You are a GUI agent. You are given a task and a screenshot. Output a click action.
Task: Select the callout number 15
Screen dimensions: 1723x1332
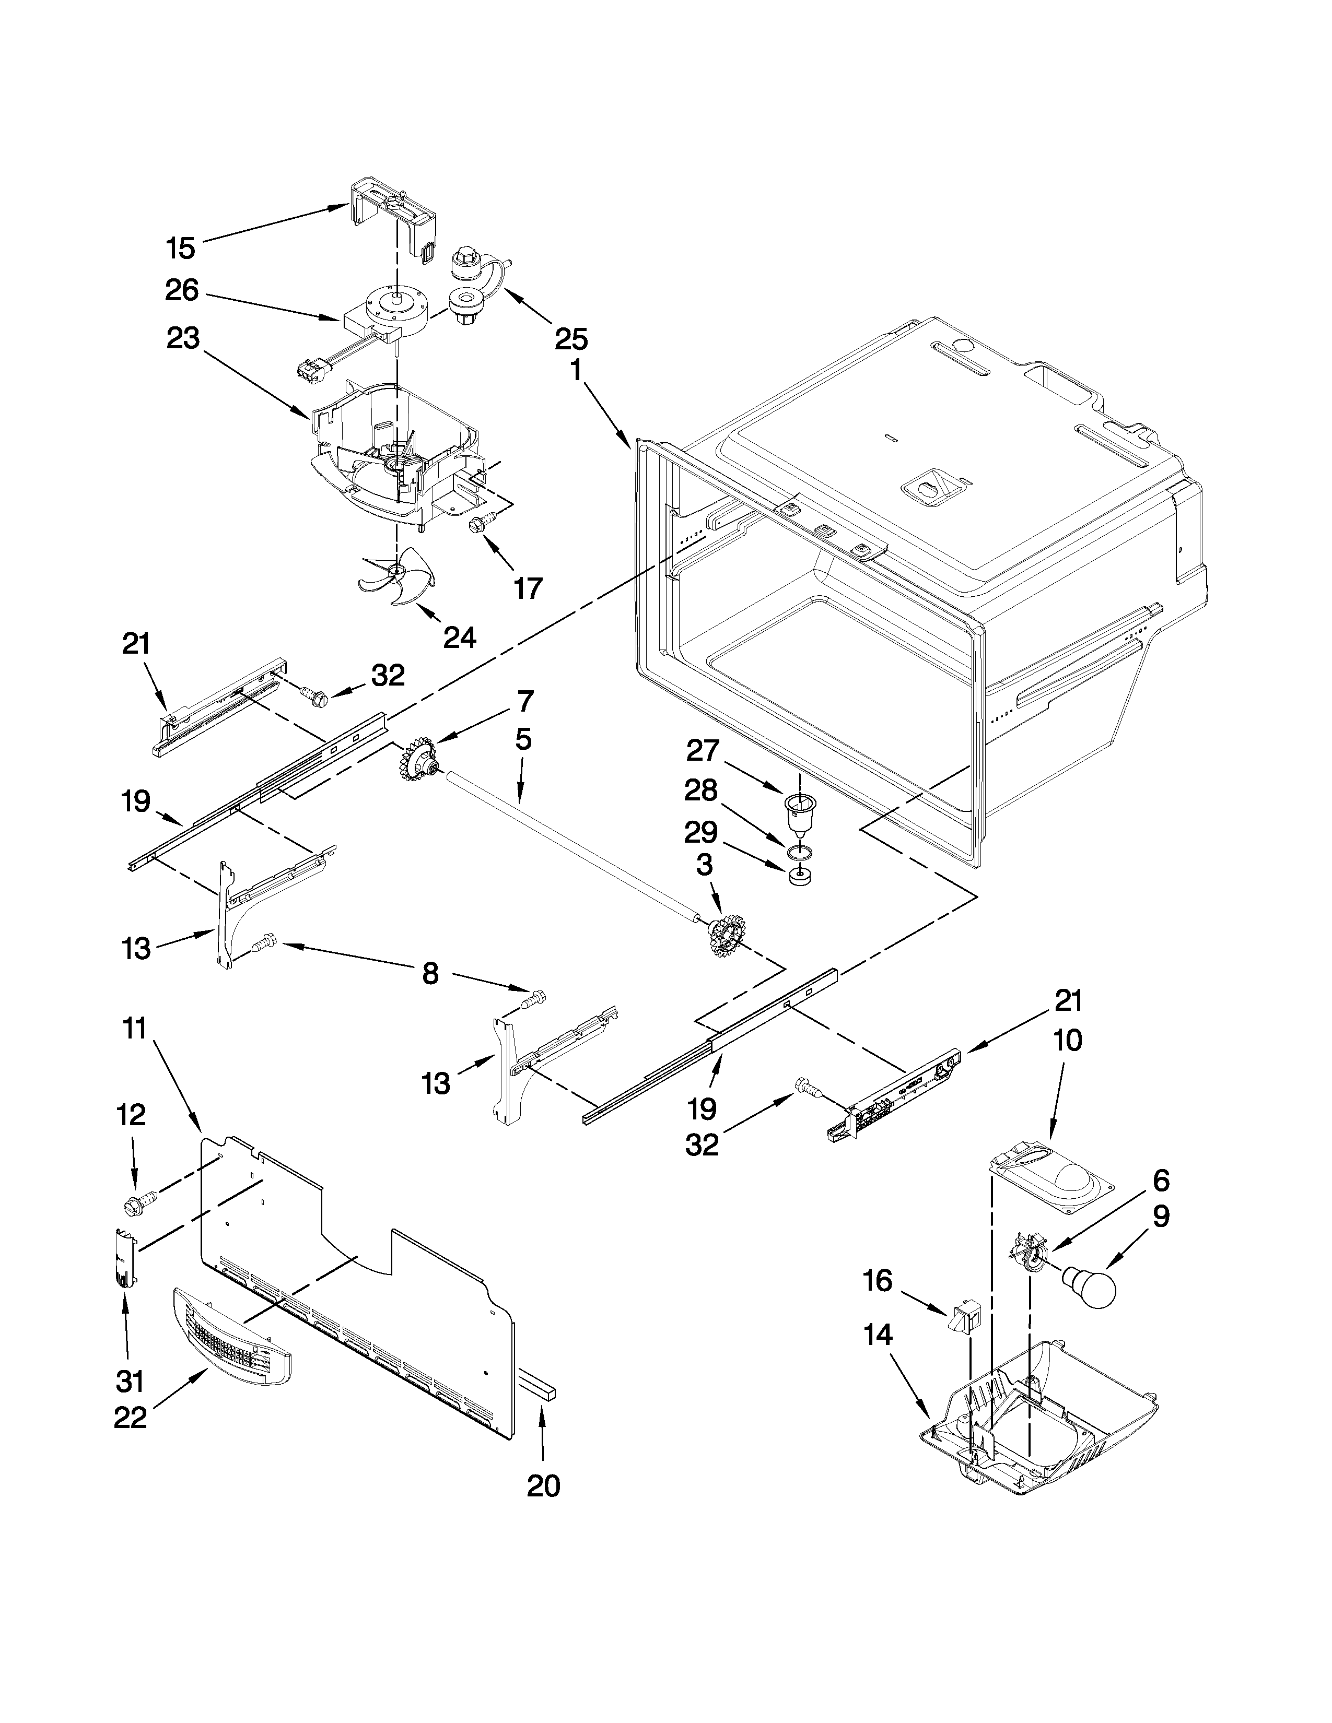pos(181,249)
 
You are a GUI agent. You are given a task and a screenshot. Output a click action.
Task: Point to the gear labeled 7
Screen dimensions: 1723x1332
pos(417,762)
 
